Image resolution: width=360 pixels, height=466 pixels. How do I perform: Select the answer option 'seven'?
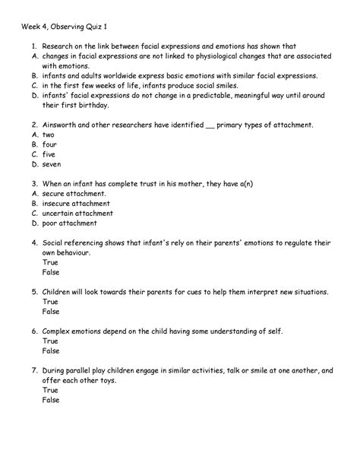coord(52,163)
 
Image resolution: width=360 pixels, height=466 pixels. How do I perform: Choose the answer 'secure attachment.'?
coord(74,193)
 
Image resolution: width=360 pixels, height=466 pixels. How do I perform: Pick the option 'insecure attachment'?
coord(76,203)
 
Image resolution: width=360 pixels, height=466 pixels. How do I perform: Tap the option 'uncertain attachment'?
coord(79,213)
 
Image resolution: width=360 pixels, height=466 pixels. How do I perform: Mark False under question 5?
coord(51,312)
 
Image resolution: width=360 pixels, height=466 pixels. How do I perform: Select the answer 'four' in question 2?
coord(50,144)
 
